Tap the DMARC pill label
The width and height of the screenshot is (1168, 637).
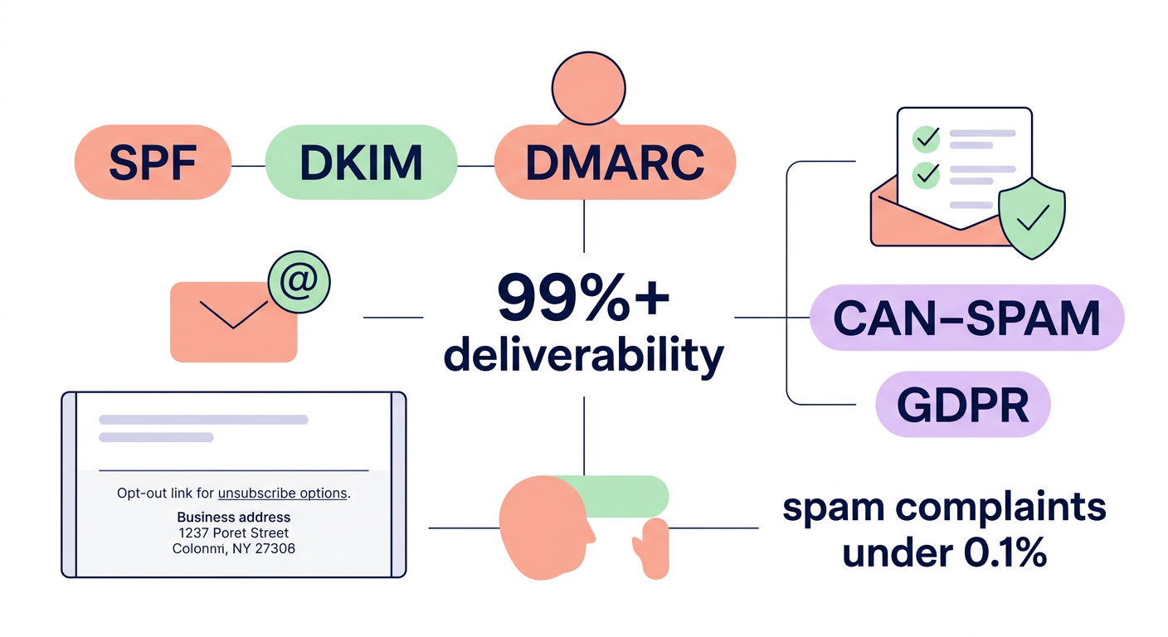(x=615, y=163)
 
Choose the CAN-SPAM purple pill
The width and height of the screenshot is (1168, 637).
(x=966, y=318)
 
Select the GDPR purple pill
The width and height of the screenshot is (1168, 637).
(x=963, y=405)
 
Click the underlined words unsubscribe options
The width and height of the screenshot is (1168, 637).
(x=282, y=493)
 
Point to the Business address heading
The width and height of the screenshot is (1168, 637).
(x=233, y=516)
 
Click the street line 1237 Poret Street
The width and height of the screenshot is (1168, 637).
(x=233, y=532)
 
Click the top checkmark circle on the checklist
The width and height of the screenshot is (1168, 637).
(x=925, y=138)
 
